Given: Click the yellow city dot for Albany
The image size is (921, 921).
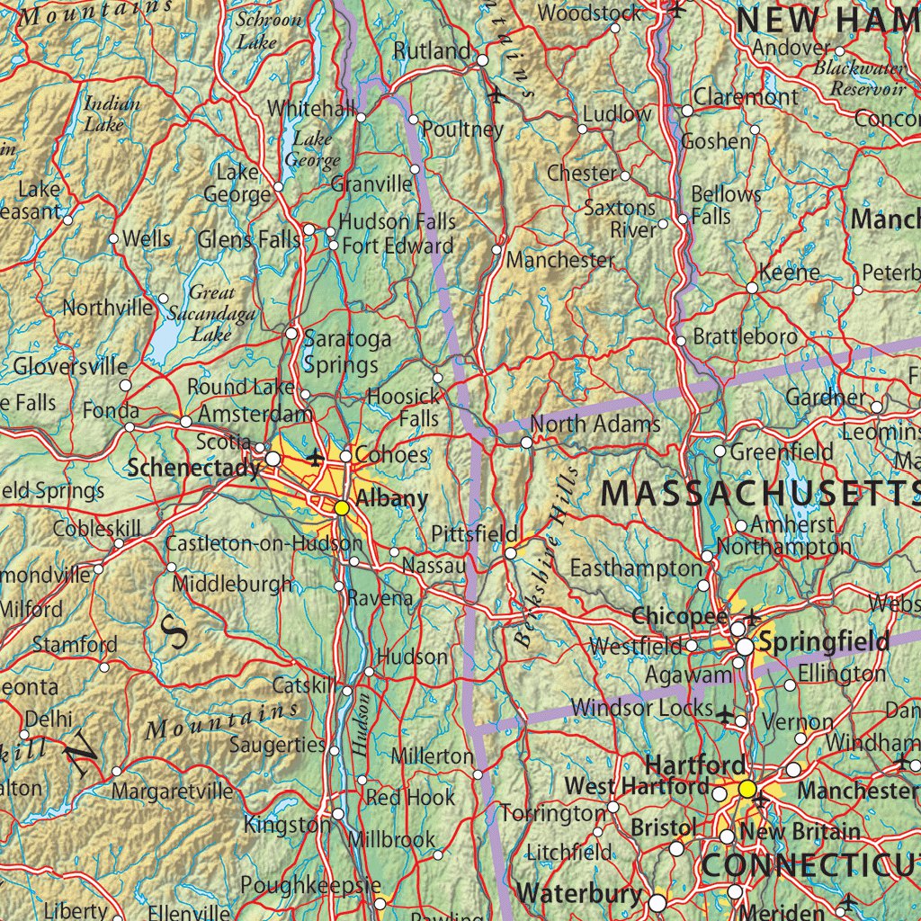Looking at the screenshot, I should click(342, 508).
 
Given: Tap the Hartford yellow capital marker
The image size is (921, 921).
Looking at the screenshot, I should click(747, 789).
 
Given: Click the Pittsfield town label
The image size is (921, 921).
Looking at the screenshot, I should click(473, 533).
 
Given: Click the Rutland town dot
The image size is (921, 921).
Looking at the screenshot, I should click(482, 60).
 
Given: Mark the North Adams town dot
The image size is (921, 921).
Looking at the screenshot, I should click(527, 443).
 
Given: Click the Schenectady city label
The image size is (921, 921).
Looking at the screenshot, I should click(193, 467).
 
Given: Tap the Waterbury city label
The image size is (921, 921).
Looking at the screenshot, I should click(580, 893).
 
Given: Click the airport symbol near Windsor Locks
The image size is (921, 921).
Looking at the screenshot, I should click(728, 714).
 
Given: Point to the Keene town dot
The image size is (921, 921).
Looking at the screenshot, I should click(752, 288).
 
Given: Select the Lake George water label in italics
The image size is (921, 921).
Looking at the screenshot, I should click(312, 149).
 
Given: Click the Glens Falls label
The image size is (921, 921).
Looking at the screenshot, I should click(249, 239).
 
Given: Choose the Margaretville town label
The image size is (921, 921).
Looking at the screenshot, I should click(173, 791).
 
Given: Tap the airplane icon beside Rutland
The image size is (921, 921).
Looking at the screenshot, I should click(496, 94).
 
